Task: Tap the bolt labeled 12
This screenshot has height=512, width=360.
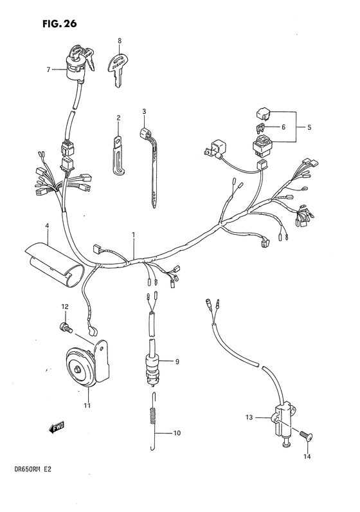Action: pos(64,327)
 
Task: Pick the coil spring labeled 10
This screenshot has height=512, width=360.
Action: pos(153,425)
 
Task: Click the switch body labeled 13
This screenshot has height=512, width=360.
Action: pos(282,418)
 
